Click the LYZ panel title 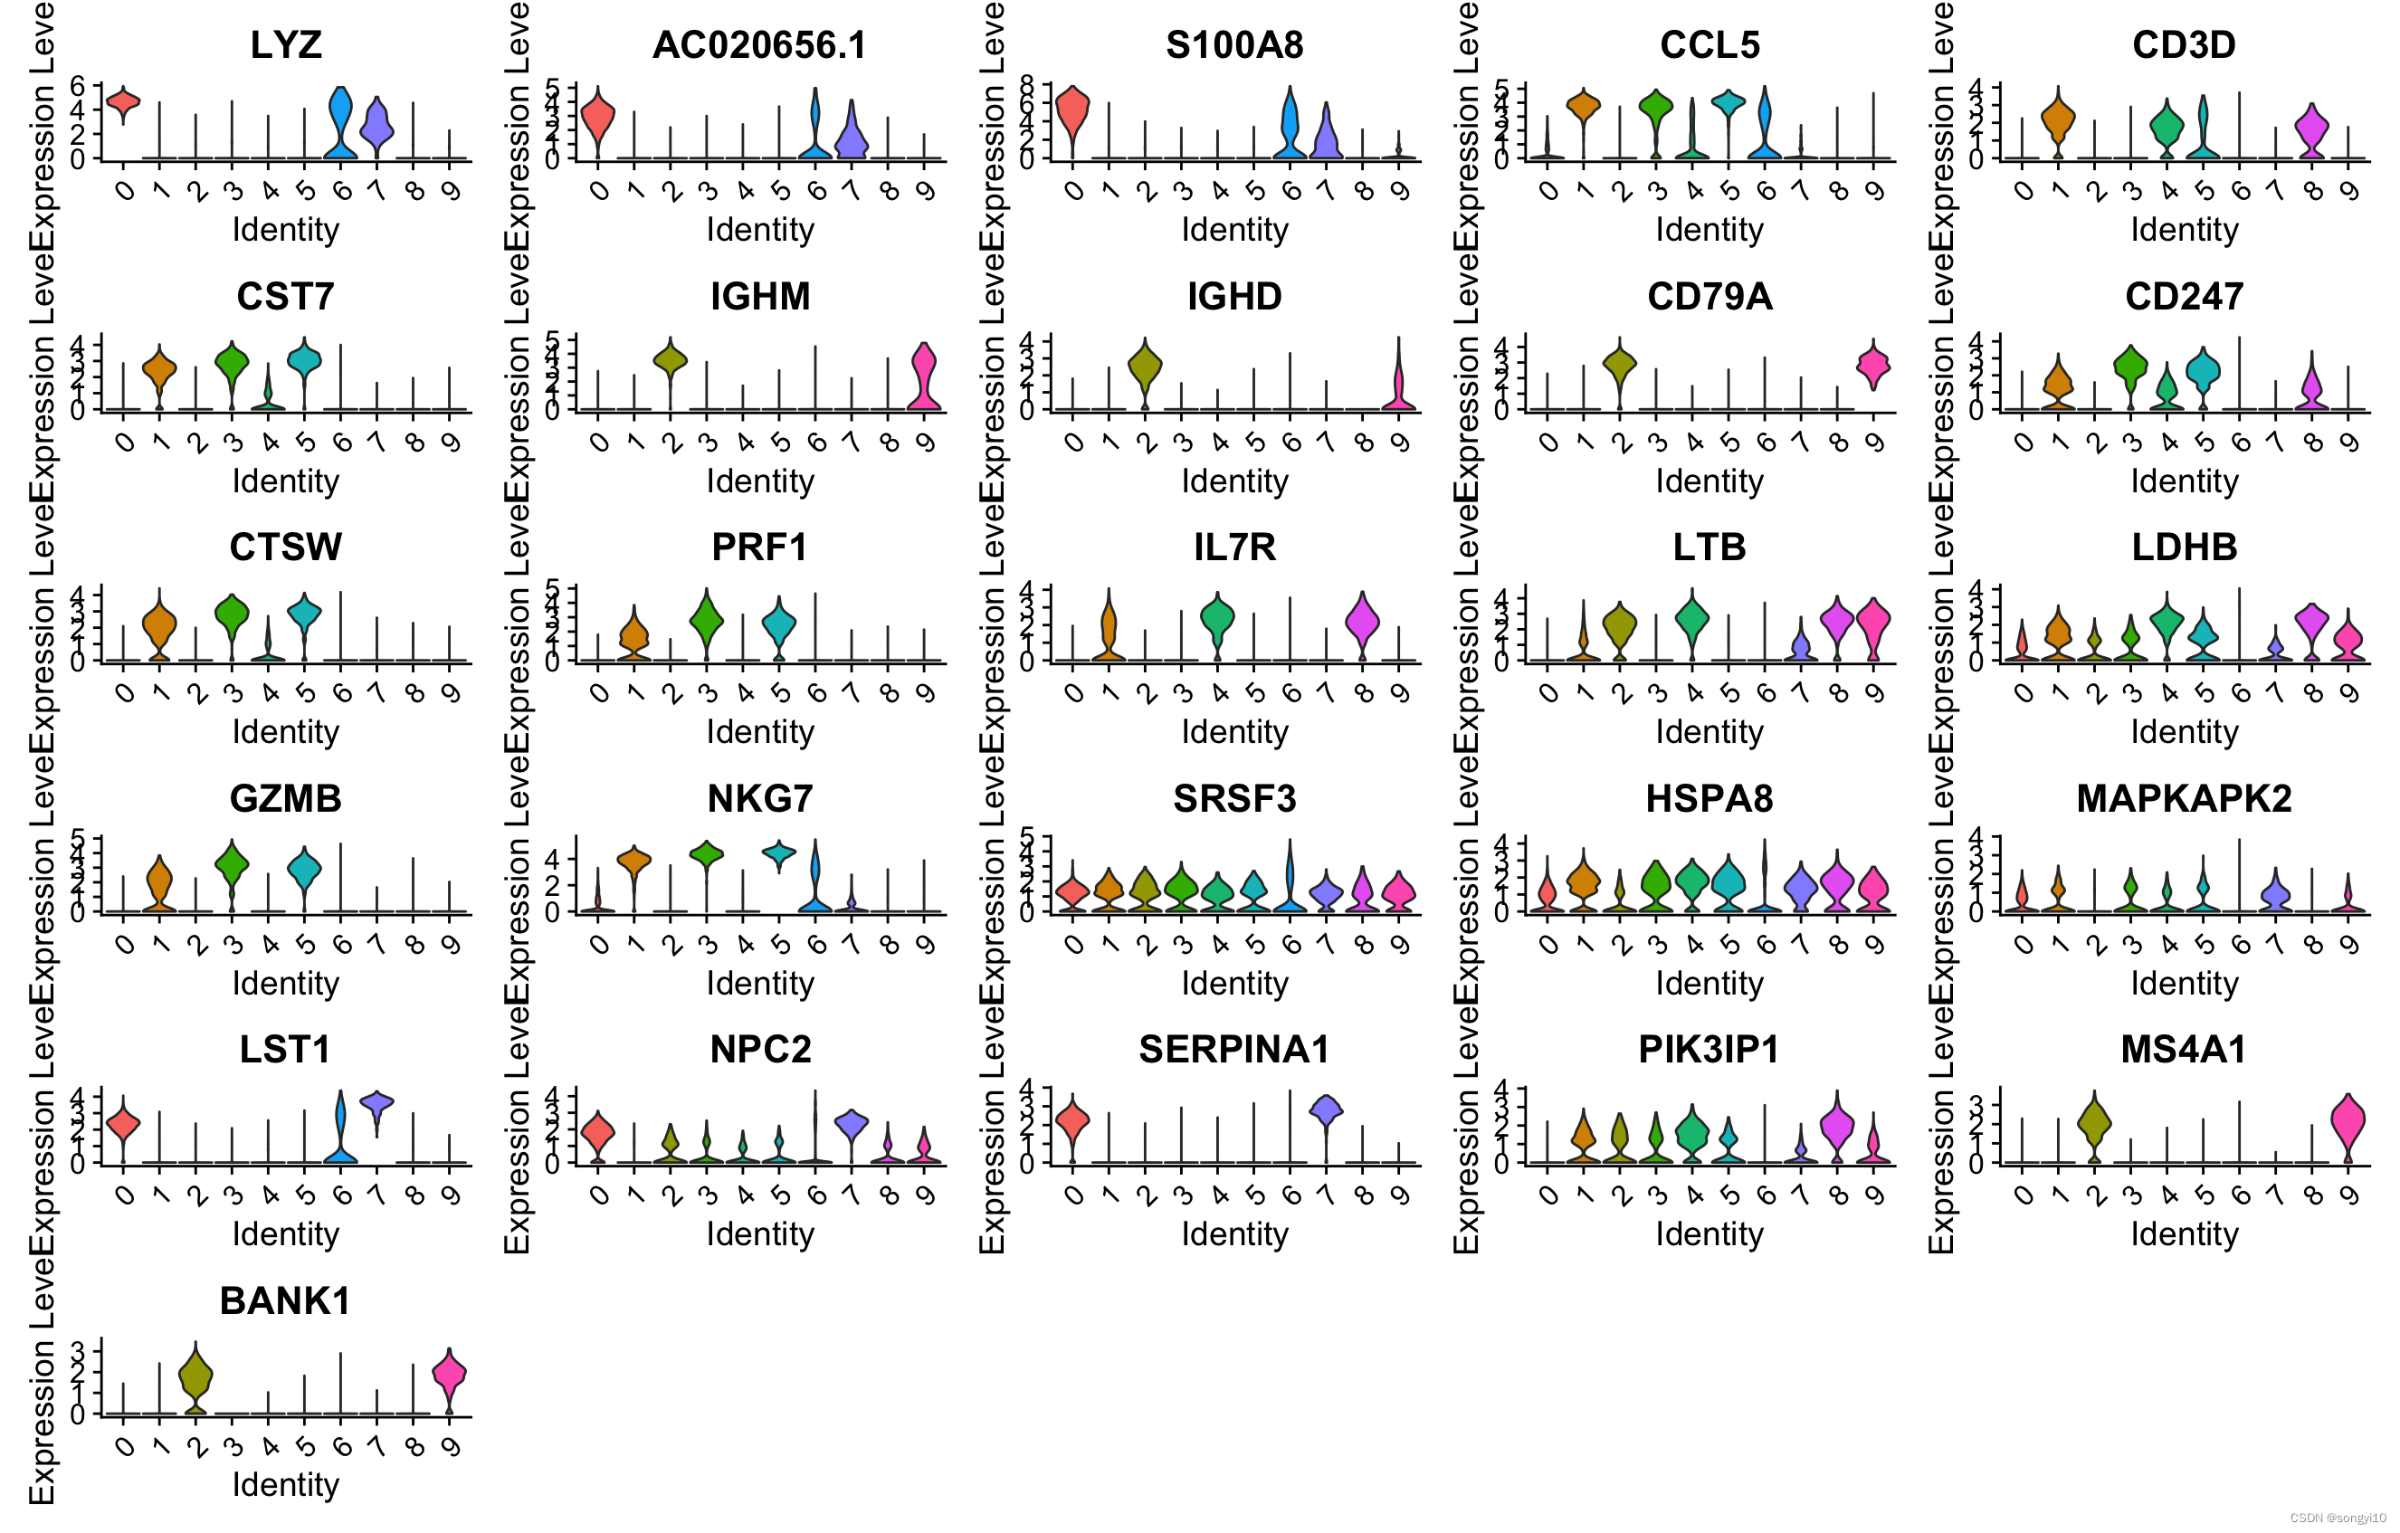point(285,45)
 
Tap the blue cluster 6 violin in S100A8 point(1290,125)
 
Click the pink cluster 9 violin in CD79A point(1873,366)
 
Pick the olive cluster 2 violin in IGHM point(670,361)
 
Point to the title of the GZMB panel point(285,798)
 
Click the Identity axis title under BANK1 point(285,1484)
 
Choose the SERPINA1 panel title point(1233,1050)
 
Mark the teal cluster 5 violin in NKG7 point(778,853)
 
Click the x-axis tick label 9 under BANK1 point(451,1445)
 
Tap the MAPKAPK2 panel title point(2183,798)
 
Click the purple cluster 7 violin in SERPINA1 point(1326,1109)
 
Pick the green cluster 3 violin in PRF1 point(706,621)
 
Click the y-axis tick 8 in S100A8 point(1026,87)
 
